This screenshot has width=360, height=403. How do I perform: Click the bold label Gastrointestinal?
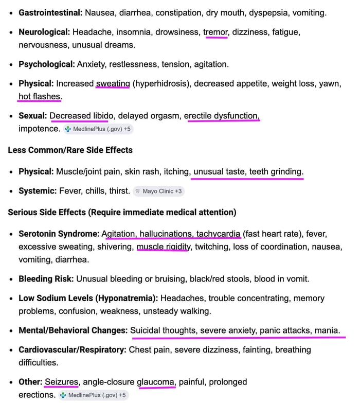(50, 12)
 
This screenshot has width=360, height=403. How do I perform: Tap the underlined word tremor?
(215, 32)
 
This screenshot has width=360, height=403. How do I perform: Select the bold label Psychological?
(46, 64)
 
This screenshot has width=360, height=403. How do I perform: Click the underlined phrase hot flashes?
(40, 96)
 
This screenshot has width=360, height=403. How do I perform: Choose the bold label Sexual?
(32, 116)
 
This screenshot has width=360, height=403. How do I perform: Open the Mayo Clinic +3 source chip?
(157, 191)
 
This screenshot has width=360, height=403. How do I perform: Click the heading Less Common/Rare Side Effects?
(70, 150)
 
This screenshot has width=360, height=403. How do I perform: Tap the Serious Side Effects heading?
(122, 212)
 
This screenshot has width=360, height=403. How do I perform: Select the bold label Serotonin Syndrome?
(59, 234)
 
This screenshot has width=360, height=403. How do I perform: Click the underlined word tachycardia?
(218, 234)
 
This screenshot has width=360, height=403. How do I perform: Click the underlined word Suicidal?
(148, 330)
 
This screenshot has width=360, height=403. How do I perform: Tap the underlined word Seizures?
(61, 382)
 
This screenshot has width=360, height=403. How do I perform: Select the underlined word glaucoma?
(156, 382)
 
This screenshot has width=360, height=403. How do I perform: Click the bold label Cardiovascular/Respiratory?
(72, 350)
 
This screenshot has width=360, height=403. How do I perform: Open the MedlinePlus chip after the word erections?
(93, 395)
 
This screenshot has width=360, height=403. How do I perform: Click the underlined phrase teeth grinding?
(276, 171)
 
